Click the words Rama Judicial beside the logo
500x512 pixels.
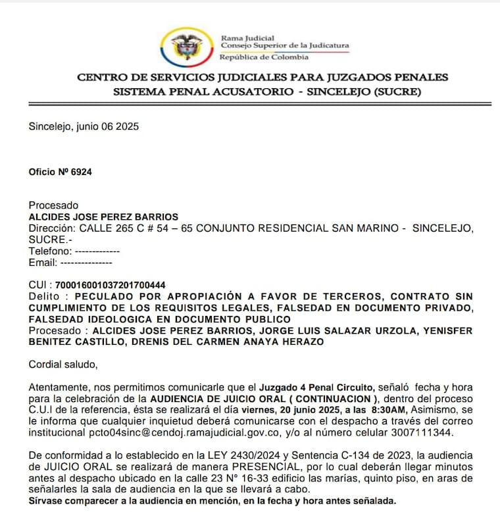[247, 38]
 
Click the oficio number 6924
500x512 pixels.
[82, 172]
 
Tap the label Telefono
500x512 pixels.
[49, 251]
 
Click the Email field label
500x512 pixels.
[43, 262]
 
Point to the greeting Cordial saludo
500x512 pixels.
[63, 363]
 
